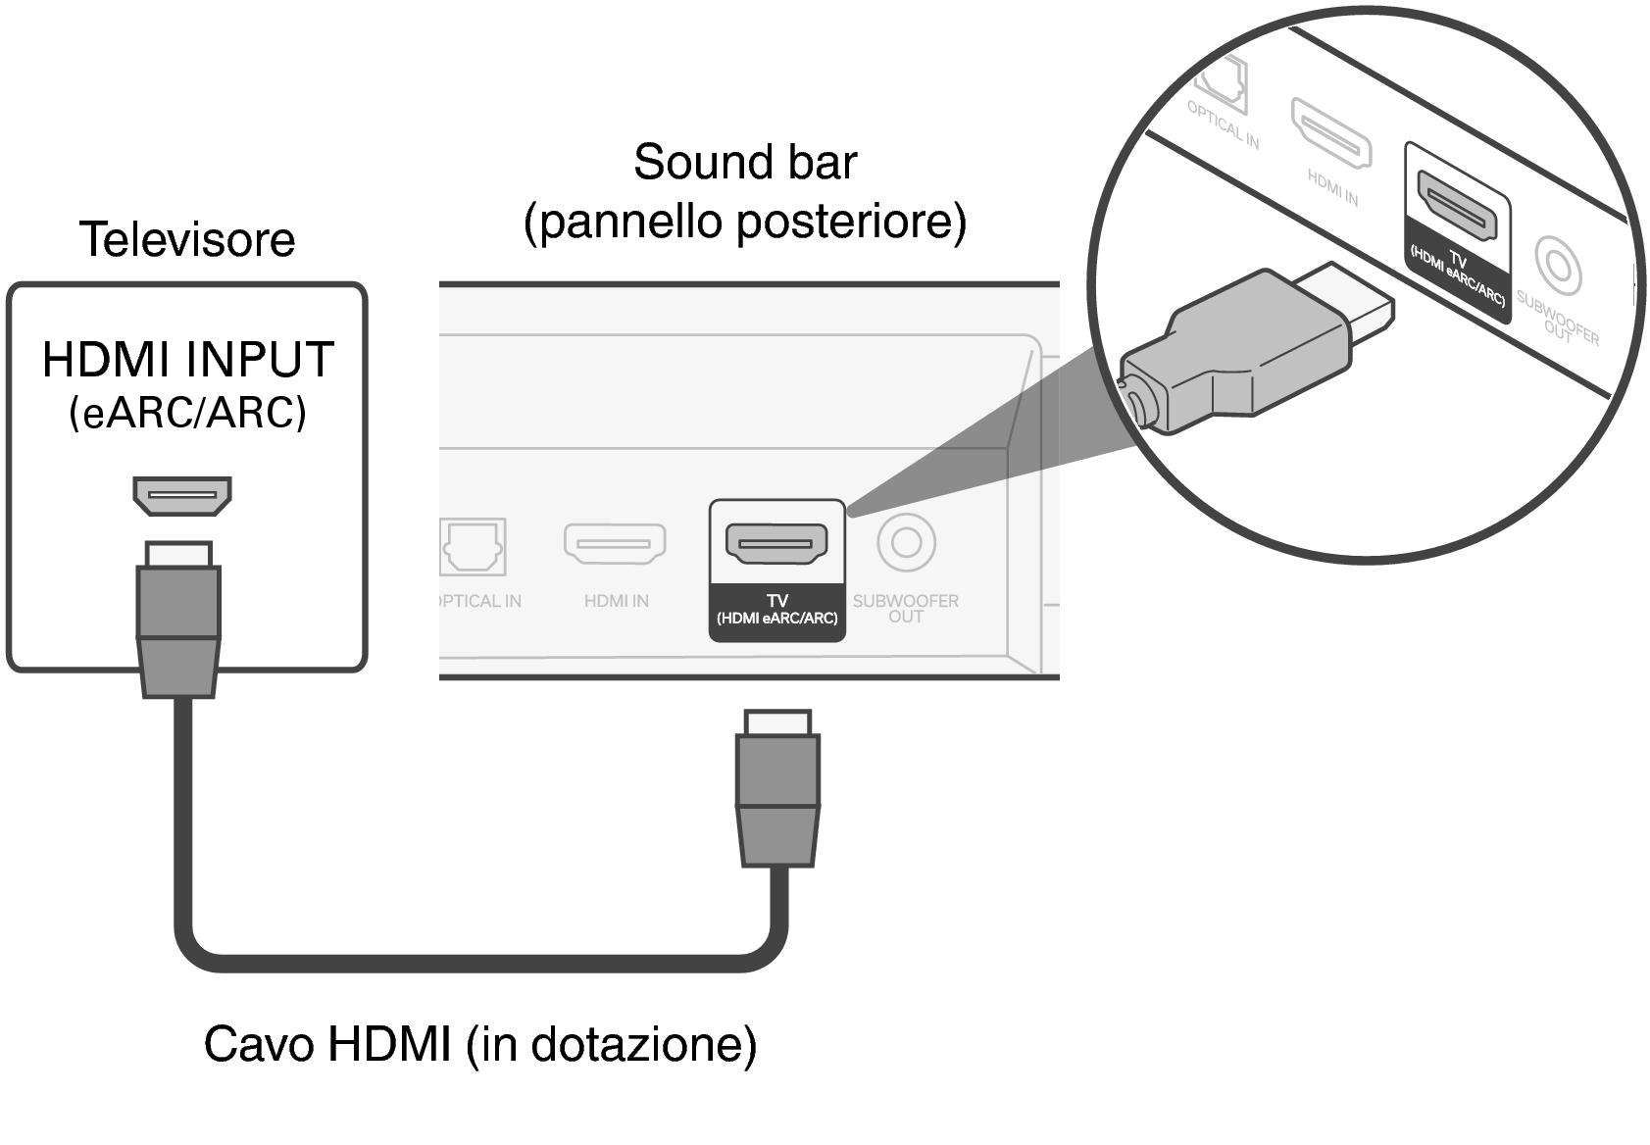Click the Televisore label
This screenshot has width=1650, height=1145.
186,240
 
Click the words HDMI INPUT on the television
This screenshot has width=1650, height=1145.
188,360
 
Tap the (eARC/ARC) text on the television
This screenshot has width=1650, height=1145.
187,414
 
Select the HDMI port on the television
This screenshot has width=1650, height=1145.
182,495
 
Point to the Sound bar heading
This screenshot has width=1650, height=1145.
745,163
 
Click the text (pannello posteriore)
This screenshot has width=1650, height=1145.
745,222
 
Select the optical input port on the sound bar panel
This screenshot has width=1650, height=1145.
474,546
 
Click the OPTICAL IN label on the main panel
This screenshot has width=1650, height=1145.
479,601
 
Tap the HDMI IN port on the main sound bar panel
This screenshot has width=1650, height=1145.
615,543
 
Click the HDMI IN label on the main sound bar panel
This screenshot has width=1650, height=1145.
616,601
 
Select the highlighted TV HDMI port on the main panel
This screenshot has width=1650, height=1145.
776,542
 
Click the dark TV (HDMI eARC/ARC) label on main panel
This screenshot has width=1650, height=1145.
776,610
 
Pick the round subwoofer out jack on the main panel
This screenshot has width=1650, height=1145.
906,542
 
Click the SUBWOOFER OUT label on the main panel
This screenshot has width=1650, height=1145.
906,608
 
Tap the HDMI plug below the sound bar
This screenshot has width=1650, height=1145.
777,789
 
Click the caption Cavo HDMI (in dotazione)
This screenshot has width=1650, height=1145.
480,1044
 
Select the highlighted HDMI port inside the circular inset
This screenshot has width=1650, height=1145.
1460,209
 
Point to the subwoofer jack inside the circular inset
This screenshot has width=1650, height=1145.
1556,266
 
